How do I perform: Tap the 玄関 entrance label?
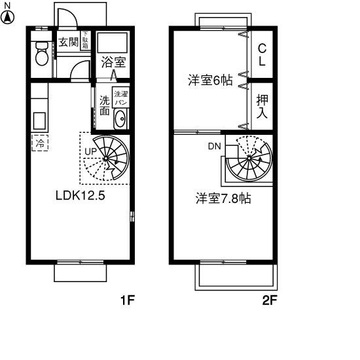pos(67,43)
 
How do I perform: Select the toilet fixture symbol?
pos(42,53)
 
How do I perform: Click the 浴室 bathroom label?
pos(113,63)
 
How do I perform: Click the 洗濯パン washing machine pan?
pos(120,98)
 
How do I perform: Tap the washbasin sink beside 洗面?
pos(120,119)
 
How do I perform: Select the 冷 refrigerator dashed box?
pos(40,143)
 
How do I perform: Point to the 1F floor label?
pos(126,301)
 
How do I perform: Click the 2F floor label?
pos(269,301)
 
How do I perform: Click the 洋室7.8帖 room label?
pos(223,198)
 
